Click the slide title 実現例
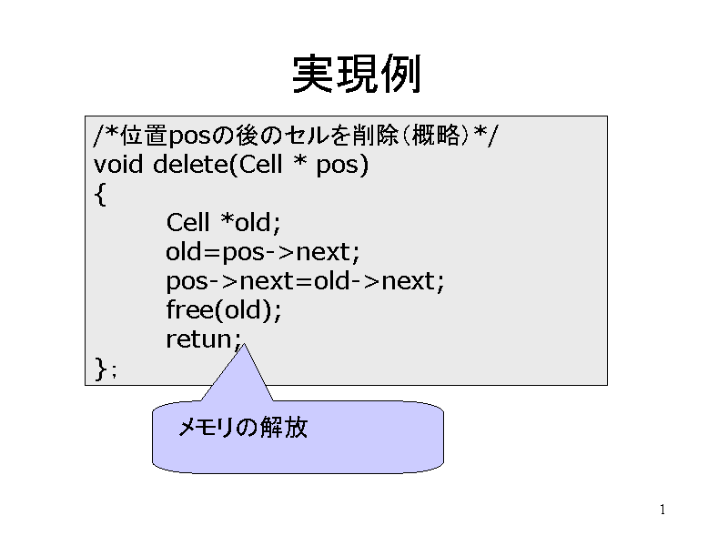(357, 74)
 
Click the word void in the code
(118, 165)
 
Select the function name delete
(191, 165)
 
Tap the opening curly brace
(100, 194)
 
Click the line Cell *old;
(224, 222)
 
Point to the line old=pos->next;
(263, 252)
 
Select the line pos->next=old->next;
(305, 281)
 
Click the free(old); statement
(224, 309)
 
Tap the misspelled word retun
(199, 339)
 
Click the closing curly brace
(101, 369)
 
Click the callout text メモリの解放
(243, 427)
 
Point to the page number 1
(662, 510)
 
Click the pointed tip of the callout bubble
(244, 345)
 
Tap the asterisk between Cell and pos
(300, 161)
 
